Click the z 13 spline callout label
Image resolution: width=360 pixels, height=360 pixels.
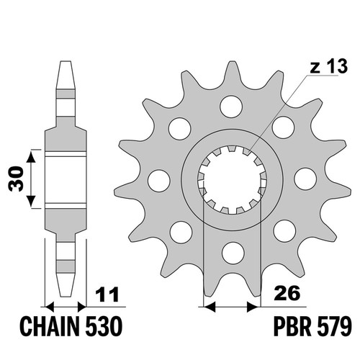(329, 66)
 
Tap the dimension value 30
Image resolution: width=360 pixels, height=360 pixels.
(16, 179)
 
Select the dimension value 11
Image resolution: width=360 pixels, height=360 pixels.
(107, 294)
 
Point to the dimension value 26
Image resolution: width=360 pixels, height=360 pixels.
(287, 292)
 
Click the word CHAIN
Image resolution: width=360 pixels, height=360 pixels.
(50, 327)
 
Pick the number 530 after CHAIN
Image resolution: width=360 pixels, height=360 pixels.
(104, 327)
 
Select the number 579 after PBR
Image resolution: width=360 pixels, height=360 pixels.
(333, 327)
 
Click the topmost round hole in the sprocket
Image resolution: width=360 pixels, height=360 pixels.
(231, 107)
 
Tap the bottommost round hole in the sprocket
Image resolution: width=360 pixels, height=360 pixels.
(233, 253)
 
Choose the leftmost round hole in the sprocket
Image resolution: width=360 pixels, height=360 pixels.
(159, 181)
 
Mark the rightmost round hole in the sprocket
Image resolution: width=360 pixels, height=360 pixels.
(305, 179)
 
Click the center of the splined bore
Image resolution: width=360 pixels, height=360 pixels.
(232, 179)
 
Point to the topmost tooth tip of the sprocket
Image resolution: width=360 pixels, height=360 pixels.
(232, 61)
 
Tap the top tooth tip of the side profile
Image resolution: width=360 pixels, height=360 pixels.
(66, 61)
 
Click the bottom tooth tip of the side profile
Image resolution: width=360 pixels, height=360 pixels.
(66, 296)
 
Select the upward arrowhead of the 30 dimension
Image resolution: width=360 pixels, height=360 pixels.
(31, 156)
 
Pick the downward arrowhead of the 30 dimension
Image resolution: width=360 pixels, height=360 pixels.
(31, 201)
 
